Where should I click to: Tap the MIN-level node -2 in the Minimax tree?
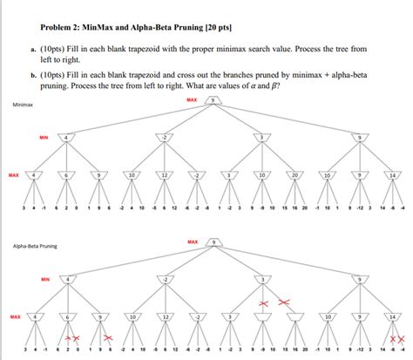pos(163,137)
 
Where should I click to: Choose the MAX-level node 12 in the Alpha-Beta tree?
pos(162,316)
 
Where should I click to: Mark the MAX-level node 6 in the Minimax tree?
pos(67,175)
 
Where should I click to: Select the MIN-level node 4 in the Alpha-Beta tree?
pos(67,279)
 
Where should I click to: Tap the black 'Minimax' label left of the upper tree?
pos(23,105)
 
